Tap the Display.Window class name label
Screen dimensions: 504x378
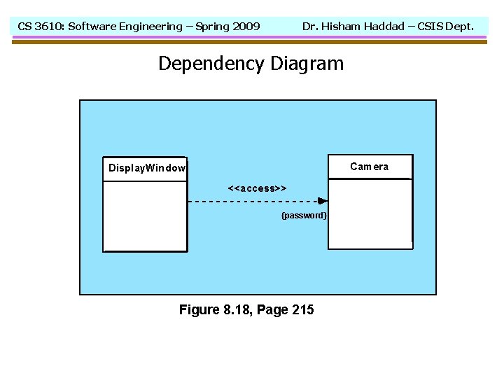point(147,168)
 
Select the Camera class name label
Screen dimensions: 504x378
point(369,167)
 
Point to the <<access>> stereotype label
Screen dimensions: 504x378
point(257,188)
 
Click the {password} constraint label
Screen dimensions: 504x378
point(304,215)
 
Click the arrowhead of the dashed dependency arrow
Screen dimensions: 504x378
point(323,202)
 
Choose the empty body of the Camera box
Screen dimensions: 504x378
point(370,213)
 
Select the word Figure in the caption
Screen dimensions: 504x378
point(199,309)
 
